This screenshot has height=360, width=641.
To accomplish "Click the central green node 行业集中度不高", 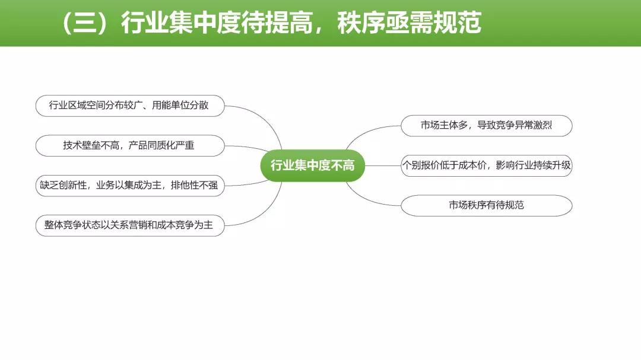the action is [312, 165].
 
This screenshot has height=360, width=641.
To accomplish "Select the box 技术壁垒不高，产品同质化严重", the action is [130, 145].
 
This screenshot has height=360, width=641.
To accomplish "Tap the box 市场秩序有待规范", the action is [487, 206].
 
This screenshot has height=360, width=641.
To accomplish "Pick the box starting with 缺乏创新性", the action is [130, 186].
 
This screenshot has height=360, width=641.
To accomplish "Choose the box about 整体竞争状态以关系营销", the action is [130, 225].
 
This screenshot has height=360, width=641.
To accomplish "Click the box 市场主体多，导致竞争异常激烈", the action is [487, 126].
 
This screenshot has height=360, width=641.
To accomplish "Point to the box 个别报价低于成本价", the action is [487, 165].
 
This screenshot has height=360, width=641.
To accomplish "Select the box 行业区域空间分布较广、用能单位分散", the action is [130, 106].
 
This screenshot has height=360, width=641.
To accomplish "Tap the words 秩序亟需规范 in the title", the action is [409, 23].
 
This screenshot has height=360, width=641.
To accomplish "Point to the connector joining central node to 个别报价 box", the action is [383, 165].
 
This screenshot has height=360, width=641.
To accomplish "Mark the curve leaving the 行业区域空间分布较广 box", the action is [266, 119].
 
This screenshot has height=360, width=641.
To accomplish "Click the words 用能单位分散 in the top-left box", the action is [180, 106].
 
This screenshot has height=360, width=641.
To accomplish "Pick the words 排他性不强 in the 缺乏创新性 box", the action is [194, 186].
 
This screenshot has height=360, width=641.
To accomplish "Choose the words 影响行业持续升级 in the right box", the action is [533, 165].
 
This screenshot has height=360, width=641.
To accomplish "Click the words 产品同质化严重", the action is [161, 145].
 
